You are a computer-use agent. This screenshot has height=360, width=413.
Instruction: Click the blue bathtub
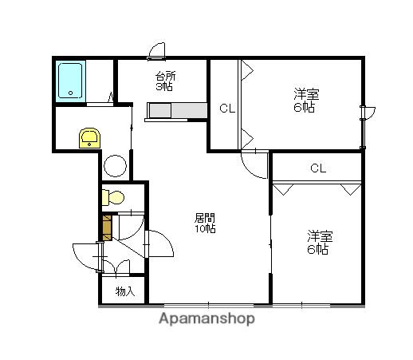click(x=70, y=81)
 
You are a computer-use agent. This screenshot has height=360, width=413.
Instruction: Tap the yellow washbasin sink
click(x=89, y=138)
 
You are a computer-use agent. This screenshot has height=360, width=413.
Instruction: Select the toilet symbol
click(x=113, y=198)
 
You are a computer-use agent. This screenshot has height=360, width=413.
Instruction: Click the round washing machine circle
click(x=115, y=166)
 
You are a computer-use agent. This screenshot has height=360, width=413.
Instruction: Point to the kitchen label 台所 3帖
click(x=165, y=81)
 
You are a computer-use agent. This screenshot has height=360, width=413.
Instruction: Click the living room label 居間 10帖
click(x=205, y=224)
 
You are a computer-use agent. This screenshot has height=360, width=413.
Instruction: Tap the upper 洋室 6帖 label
click(x=306, y=100)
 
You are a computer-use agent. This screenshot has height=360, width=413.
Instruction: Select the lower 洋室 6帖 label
click(x=320, y=242)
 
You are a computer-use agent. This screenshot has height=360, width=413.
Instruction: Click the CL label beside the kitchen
click(x=227, y=109)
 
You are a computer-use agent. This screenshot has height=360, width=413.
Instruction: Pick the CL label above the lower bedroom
click(x=318, y=168)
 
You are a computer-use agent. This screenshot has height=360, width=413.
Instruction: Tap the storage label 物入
click(x=125, y=291)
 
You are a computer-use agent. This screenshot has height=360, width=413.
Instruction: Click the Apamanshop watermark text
click(x=206, y=318)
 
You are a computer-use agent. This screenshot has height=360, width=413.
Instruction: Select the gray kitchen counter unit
click(x=177, y=110)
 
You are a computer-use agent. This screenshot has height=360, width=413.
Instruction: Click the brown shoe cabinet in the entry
click(x=107, y=228)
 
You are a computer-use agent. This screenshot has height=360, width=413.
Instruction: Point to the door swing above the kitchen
click(x=157, y=51)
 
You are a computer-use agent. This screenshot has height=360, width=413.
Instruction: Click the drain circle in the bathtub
click(x=71, y=93)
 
